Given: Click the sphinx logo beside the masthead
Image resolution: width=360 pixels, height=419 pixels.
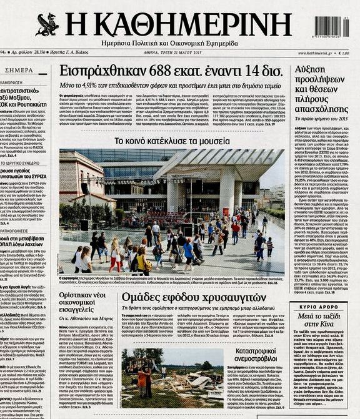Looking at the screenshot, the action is click(x=47, y=25).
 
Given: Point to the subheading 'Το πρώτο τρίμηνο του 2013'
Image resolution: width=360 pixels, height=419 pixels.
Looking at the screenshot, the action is click(x=316, y=118).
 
